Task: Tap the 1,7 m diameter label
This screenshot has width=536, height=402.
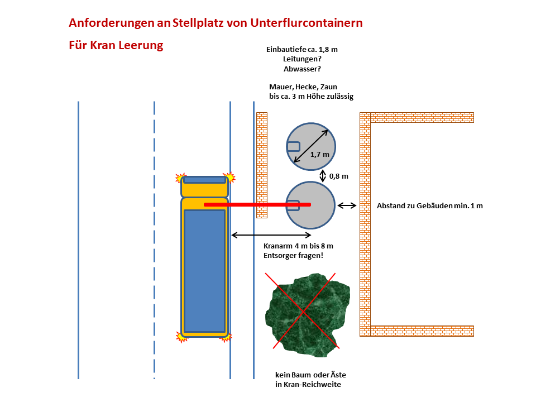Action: (319, 154)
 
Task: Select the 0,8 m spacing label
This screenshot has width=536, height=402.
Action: (338, 176)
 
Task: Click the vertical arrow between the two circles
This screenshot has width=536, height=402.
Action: (323, 176)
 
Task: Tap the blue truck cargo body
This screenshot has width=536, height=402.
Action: (204, 271)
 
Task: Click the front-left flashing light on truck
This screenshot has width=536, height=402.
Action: (180, 179)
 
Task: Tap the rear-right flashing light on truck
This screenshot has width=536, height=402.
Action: (228, 337)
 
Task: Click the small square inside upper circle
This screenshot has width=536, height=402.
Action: (294, 147)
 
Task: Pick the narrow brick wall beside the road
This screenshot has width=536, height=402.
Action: (261, 165)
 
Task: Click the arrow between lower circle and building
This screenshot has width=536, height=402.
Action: (347, 205)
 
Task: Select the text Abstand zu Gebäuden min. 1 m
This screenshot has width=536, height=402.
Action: (429, 205)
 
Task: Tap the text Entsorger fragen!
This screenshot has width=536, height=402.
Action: (293, 255)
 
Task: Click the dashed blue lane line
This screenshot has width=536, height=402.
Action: (154, 240)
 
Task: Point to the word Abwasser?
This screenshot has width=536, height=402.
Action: (301, 69)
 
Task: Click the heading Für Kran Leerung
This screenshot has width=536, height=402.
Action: (116, 45)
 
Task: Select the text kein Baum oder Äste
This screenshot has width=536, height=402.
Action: (307, 375)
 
